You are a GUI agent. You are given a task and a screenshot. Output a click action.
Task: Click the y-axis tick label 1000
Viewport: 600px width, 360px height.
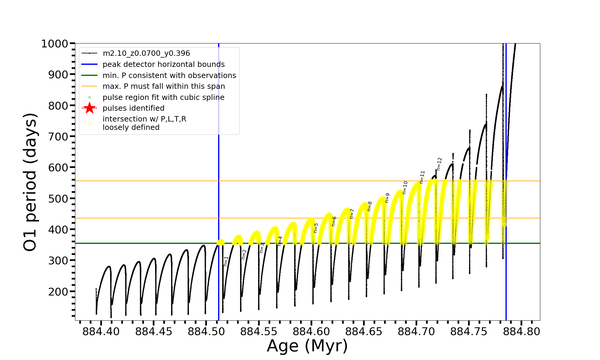55,44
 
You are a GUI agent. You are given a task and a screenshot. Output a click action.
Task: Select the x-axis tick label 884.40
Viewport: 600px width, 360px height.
101,332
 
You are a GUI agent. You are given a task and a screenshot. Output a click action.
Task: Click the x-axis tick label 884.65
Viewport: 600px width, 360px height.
364,332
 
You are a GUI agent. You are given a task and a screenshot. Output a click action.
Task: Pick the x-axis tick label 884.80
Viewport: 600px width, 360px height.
521,332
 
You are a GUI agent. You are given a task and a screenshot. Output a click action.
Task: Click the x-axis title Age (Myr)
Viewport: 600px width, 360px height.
307,346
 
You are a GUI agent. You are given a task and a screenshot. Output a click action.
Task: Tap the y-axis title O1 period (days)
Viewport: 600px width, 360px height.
30,182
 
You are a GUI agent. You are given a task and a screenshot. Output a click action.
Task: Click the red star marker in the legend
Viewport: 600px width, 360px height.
89,108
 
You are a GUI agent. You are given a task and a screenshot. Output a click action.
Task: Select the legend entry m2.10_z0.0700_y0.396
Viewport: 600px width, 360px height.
146,53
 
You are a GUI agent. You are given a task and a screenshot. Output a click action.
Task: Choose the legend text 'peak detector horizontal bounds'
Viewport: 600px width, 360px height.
163,64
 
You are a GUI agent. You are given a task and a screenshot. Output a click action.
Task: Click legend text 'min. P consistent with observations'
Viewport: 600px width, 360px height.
169,75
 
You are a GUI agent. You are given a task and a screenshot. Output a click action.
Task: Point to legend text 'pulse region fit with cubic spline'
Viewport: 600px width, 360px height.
163,97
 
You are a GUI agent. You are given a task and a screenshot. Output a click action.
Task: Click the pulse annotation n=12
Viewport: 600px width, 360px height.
439,164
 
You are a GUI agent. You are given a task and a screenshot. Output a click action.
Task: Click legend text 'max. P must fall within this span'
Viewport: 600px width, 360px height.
163,86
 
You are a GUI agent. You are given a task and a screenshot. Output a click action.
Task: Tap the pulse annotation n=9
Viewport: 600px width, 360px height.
387,198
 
